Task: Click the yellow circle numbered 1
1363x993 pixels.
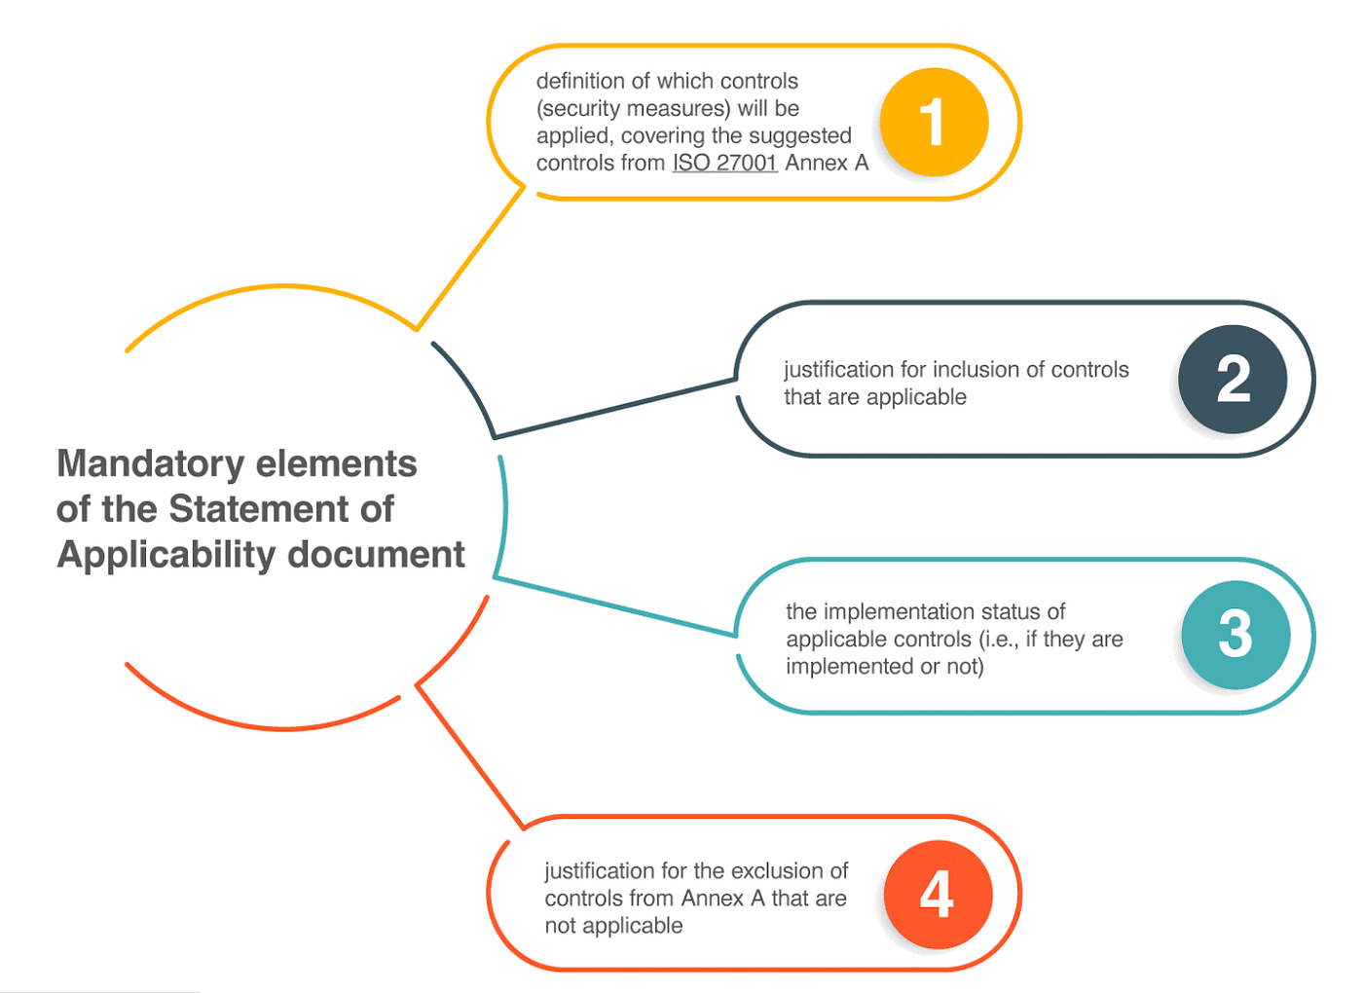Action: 934,123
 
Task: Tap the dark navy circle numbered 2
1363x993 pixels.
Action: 1233,379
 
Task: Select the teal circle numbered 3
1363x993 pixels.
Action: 1235,635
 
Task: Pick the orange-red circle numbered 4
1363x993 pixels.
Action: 938,895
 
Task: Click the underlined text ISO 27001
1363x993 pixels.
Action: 724,163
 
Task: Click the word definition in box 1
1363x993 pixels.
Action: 581,81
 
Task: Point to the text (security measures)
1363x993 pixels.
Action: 633,108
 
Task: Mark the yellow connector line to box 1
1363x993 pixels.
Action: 470,258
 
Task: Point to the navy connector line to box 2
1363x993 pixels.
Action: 613,409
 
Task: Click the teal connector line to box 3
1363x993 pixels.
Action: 613,607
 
